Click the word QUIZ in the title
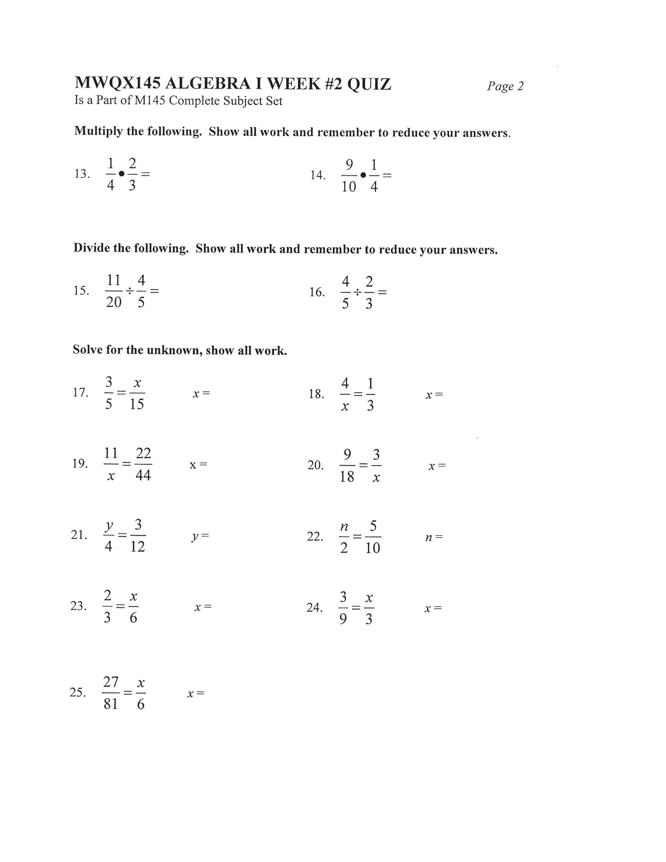[x=369, y=84]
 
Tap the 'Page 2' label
[x=505, y=86]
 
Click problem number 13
[x=82, y=174]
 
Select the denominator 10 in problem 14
[x=349, y=187]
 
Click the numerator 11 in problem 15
[x=113, y=280]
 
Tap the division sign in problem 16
[x=357, y=292]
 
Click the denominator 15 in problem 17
[x=137, y=404]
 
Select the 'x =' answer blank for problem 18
[x=434, y=395]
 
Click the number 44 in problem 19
[x=143, y=475]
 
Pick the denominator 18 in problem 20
[x=347, y=477]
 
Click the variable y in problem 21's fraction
[x=109, y=525]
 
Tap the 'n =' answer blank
[x=433, y=537]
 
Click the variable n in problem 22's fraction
[x=344, y=526]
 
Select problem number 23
[x=78, y=606]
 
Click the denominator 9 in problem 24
[x=343, y=619]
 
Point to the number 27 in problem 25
[x=111, y=682]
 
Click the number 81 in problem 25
[x=111, y=704]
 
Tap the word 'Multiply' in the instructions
[x=99, y=131]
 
